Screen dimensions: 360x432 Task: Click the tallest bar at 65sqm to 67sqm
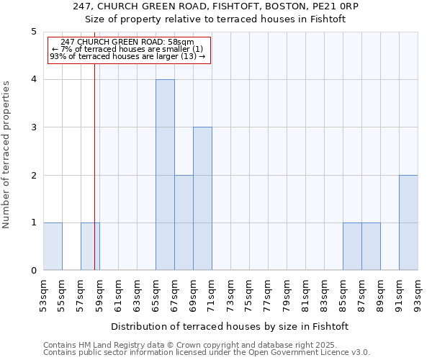(165, 175)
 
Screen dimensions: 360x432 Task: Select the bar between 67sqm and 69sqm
(184, 222)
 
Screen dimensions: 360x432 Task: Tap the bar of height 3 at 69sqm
(202, 199)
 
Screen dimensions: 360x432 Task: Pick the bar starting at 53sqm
(53, 246)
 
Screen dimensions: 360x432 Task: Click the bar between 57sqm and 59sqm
(90, 246)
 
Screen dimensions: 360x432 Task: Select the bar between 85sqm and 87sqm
(352, 246)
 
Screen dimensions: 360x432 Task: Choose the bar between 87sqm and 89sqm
(371, 246)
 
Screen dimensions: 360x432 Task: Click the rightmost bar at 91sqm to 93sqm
(408, 222)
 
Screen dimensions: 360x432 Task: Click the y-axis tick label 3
(33, 127)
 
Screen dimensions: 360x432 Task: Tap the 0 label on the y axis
(33, 271)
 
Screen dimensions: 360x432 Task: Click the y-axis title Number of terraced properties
(6, 155)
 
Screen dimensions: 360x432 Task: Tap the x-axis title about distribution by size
(230, 326)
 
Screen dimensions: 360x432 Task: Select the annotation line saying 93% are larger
(127, 56)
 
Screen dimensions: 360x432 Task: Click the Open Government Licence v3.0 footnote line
(207, 353)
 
